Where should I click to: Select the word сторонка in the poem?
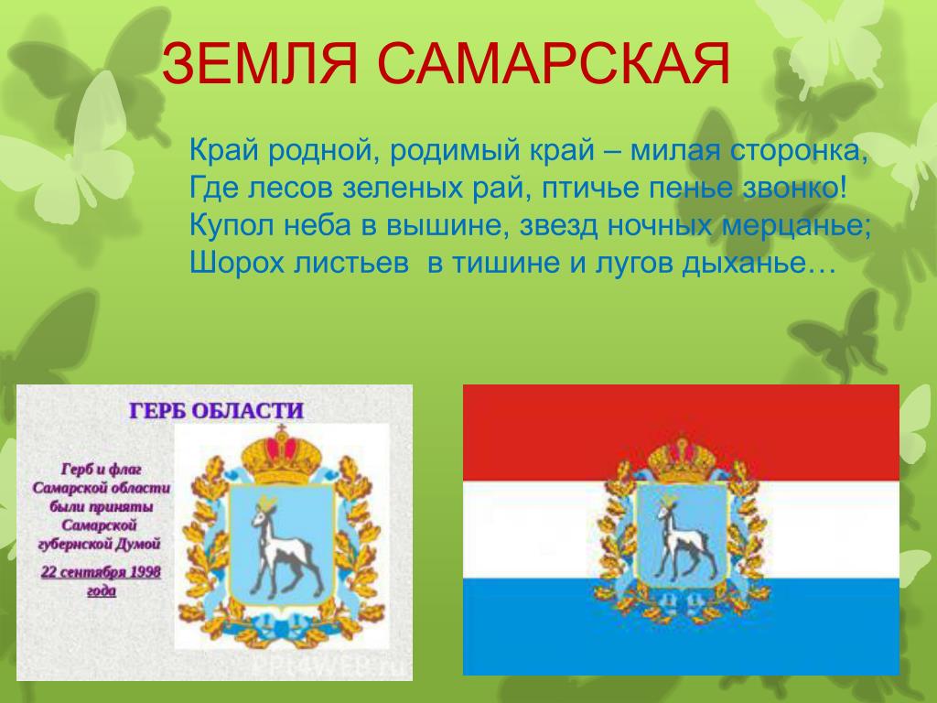(x=799, y=151)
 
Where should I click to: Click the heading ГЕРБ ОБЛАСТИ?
(x=216, y=411)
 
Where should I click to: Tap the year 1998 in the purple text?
(x=145, y=572)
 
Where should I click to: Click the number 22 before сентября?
(x=48, y=572)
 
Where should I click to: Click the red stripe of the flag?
(x=681, y=433)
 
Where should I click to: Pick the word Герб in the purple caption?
(x=75, y=470)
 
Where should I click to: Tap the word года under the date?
(x=102, y=590)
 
